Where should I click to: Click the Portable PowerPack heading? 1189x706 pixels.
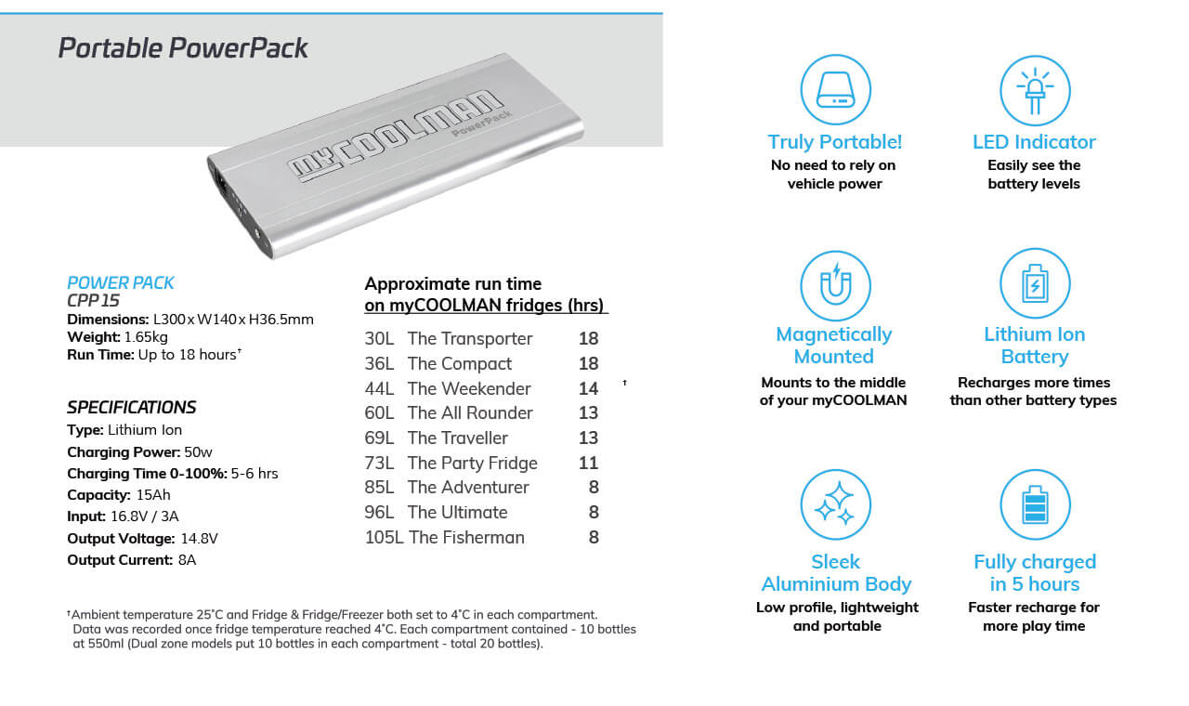point(183,48)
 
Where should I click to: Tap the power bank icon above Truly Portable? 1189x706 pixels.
point(834,90)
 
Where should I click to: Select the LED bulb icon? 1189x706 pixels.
point(1034,90)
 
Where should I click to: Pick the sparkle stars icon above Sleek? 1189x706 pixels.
point(834,504)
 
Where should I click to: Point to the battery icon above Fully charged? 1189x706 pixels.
point(1034,504)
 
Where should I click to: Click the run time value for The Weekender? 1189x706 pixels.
point(588,388)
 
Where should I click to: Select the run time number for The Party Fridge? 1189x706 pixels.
point(588,463)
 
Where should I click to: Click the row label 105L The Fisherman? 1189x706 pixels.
point(444,537)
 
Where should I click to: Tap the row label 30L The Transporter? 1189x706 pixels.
point(449,339)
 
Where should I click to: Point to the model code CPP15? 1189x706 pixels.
point(93,301)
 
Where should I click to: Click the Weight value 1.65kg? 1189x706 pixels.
point(146,337)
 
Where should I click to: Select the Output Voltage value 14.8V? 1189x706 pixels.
point(200,539)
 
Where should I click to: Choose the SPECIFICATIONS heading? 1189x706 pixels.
point(131,407)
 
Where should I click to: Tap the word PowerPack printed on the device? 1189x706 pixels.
point(482,124)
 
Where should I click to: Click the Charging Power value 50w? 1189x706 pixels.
point(198,452)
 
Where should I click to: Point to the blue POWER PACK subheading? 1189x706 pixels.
point(121,283)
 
